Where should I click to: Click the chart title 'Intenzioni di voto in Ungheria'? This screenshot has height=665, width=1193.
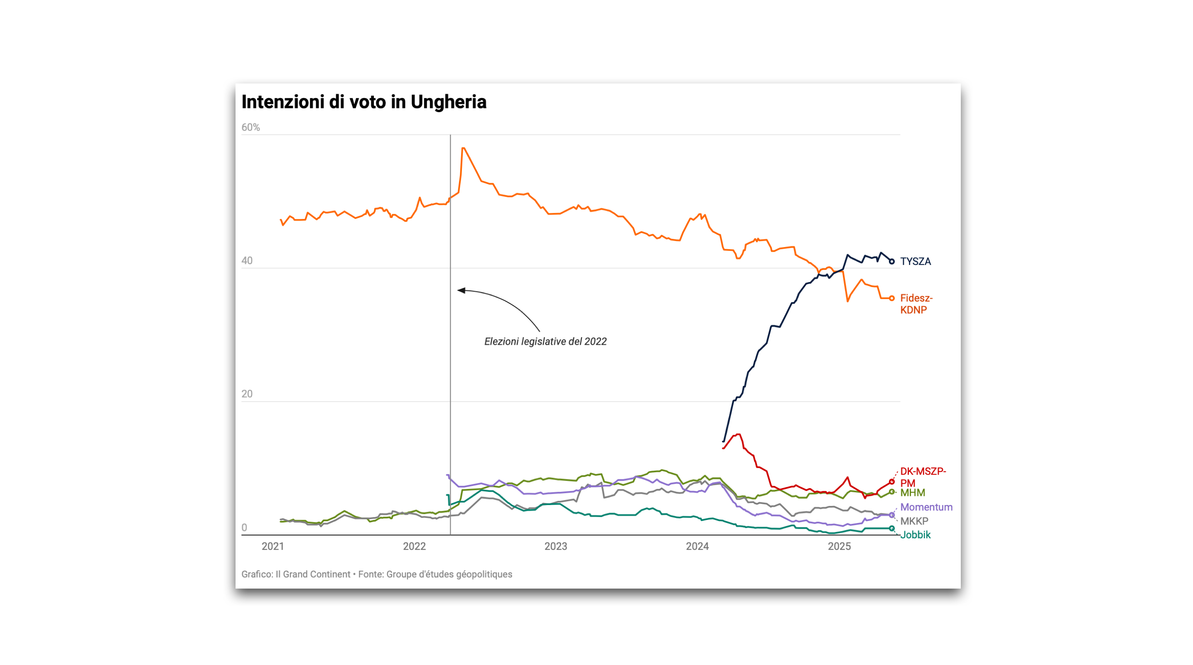coord(363,102)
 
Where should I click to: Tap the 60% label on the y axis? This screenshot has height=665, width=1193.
coord(250,128)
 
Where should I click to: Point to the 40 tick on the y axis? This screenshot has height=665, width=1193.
coord(247,261)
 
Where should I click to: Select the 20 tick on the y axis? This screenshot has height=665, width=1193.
coord(247,394)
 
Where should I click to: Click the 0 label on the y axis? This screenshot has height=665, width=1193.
coord(244,528)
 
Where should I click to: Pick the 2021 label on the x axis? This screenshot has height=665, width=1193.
coord(273,547)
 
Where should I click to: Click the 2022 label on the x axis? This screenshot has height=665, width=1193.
coord(414,547)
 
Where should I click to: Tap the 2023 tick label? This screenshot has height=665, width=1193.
coord(556,547)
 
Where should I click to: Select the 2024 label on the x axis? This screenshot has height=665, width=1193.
coord(697,547)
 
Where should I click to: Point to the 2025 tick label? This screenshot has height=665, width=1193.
coord(839,547)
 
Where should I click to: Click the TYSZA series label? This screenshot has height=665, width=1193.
coord(915,262)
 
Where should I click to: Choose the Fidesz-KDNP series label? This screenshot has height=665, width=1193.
coord(916,304)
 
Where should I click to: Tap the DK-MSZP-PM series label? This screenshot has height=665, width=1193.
coord(923,477)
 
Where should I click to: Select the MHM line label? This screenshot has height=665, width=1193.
coord(912,493)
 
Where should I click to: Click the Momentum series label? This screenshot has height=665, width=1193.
coord(926,507)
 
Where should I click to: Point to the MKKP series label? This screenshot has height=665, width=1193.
coord(914,521)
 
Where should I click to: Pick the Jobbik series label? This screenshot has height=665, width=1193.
coord(915,535)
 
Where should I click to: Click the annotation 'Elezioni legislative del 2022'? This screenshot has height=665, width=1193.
coord(545,342)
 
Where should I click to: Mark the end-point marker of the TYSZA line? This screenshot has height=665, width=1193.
coord(891,262)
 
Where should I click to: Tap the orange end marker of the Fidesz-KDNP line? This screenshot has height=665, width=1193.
coord(891,298)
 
